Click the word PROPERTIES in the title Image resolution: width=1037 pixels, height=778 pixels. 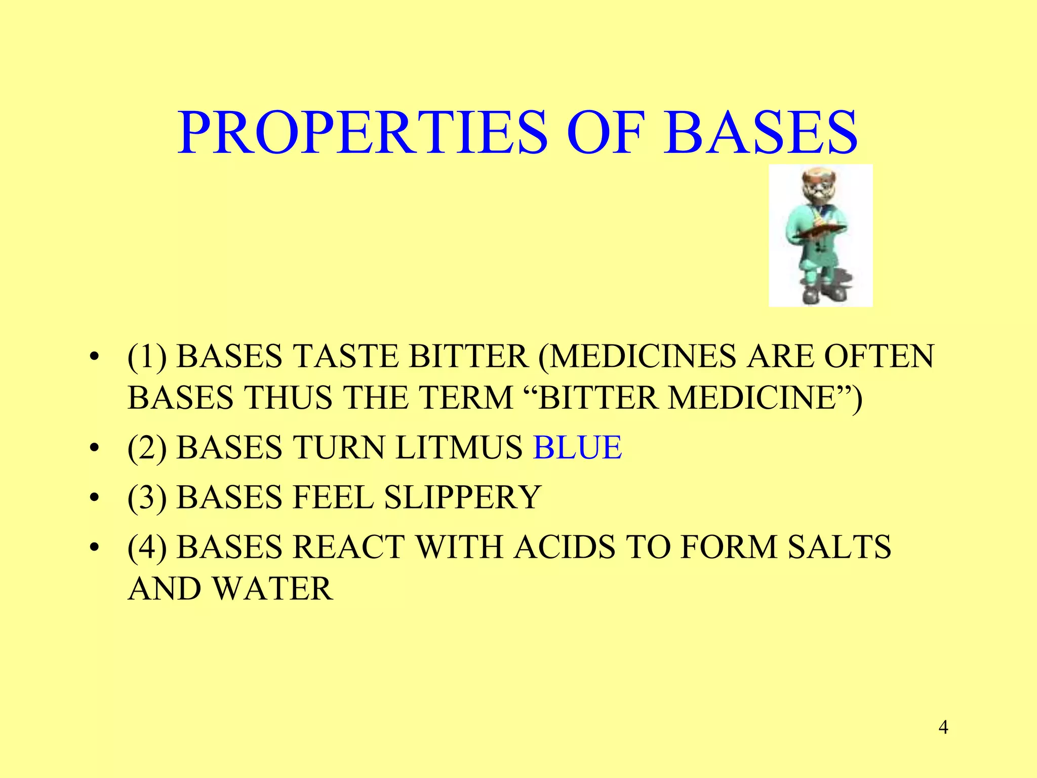tap(363, 133)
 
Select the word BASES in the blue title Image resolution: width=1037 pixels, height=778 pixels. tap(762, 133)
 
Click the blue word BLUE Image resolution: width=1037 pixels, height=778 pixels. tap(577, 448)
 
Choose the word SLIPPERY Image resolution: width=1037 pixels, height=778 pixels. tap(463, 497)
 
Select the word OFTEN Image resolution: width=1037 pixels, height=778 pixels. tap(879, 357)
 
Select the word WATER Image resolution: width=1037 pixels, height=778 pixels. tap(272, 589)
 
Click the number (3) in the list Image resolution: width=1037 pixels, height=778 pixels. tap(147, 497)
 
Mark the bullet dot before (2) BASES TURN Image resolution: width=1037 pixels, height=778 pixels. tap(93, 449)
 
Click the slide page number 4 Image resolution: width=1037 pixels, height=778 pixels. tap(943, 728)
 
